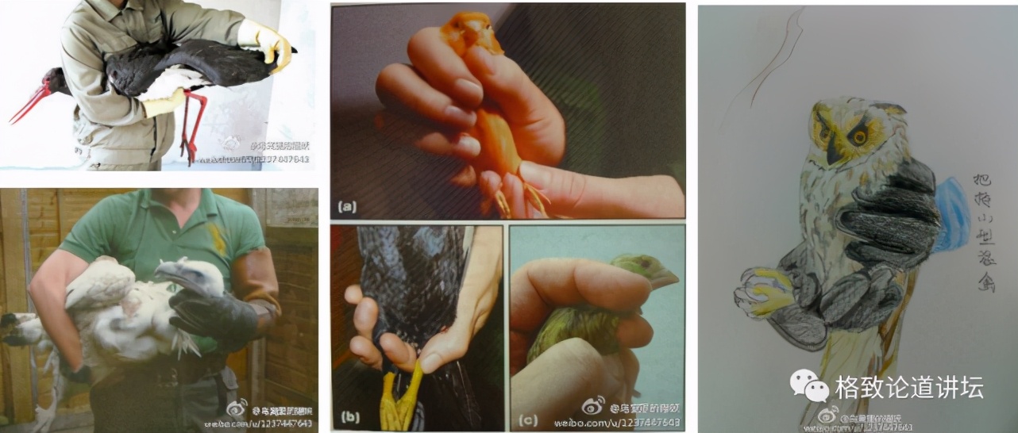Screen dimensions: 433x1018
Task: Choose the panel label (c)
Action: [x=524, y=414]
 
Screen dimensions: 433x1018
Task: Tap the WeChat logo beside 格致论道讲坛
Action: [x=808, y=386]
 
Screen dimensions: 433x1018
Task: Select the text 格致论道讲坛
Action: [x=909, y=387]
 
